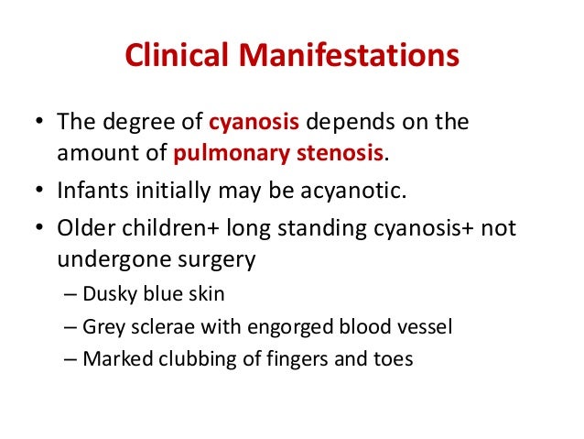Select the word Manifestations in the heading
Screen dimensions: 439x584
pyautogui.click(x=347, y=57)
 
